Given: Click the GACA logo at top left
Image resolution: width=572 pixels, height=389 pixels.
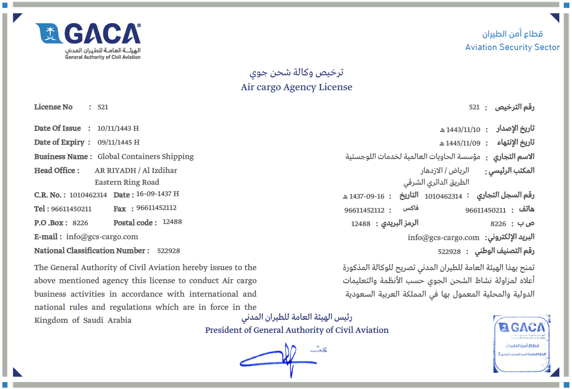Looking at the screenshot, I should pos(88,40).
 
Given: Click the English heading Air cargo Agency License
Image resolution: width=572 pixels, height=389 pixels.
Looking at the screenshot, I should pos(296,87).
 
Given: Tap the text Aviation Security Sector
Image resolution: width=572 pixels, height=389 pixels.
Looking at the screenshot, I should pos(512,47).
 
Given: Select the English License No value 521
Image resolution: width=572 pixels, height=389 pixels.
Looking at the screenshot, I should pos(103,107).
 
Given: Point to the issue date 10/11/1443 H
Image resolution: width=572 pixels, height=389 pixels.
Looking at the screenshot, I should pos(118,129).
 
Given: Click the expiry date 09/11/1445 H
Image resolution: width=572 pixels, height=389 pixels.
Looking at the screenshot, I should pos(118,142).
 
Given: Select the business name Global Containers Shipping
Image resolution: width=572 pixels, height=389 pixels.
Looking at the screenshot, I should pos(146,157).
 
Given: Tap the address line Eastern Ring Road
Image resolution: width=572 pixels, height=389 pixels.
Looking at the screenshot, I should pos(127,183).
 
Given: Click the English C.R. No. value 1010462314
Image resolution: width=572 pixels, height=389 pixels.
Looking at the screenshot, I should pos(88,195).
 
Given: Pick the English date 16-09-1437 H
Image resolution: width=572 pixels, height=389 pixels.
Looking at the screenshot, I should pos(157,194).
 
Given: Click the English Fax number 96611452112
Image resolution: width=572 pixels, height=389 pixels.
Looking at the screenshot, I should pos(156,208).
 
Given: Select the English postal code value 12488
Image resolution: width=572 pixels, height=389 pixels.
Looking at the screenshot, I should pos(172,222).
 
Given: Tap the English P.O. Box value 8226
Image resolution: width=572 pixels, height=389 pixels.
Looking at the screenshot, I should pos(80,223).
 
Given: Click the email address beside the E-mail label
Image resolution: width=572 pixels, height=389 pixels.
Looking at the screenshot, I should pos(102,237).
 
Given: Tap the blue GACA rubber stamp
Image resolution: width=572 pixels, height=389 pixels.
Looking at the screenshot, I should pos(521,343).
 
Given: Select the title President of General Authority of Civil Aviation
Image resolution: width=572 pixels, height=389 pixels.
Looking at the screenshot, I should pos(297,330).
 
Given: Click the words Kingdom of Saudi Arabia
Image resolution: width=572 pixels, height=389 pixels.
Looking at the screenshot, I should pos(83,321).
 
